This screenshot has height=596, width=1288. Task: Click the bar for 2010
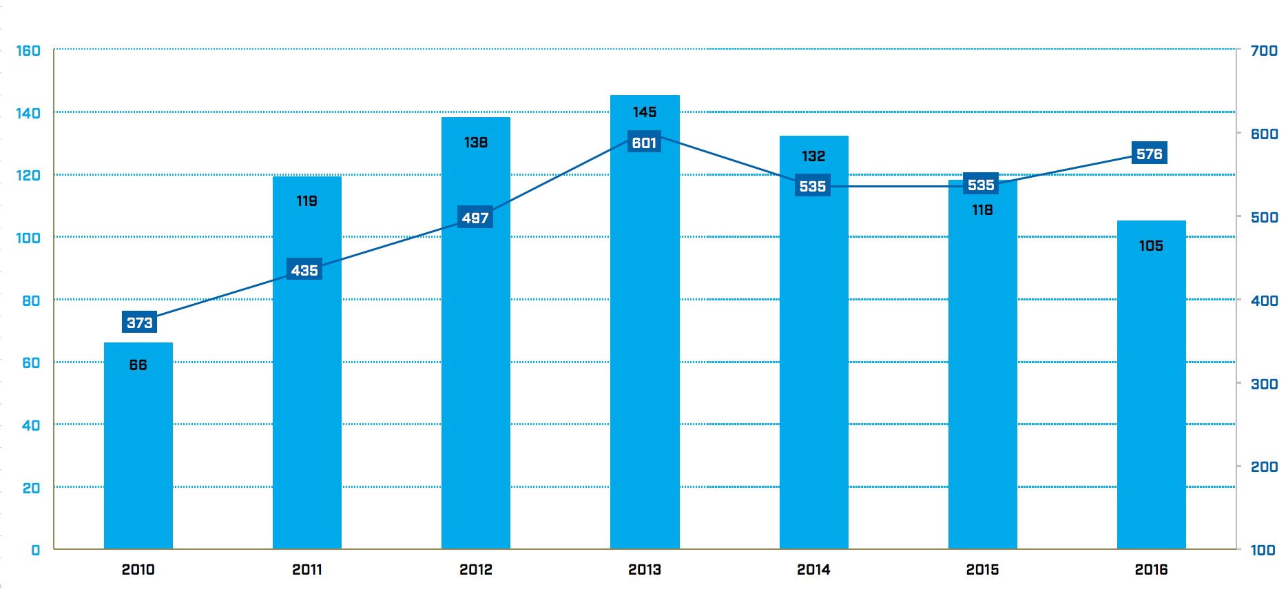click(x=138, y=448)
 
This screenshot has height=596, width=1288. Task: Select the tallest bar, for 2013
click(x=645, y=345)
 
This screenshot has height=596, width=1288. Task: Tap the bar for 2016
click(x=1151, y=400)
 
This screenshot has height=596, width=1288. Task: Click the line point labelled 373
click(x=139, y=322)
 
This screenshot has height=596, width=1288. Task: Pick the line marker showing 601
click(x=644, y=143)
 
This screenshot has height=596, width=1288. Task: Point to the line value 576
click(x=1149, y=154)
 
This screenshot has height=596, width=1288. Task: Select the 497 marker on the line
click(x=475, y=218)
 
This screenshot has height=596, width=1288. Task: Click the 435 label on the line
click(x=304, y=270)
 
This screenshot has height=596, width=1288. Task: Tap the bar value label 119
click(x=307, y=201)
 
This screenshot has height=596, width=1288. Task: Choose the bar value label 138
click(x=475, y=143)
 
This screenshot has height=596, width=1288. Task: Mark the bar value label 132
click(x=813, y=156)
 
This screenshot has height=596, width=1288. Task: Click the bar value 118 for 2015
click(x=982, y=210)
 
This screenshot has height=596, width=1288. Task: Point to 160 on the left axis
click(x=28, y=51)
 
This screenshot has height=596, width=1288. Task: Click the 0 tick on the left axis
click(x=36, y=550)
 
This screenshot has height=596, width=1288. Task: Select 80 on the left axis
click(x=31, y=300)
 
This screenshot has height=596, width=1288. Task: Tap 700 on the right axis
click(x=1264, y=51)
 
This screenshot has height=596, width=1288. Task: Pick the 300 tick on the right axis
click(x=1264, y=384)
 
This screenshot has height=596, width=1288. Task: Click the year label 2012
click(x=475, y=570)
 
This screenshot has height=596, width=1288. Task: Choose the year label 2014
click(x=813, y=570)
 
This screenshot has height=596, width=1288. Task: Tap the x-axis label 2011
click(x=307, y=570)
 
